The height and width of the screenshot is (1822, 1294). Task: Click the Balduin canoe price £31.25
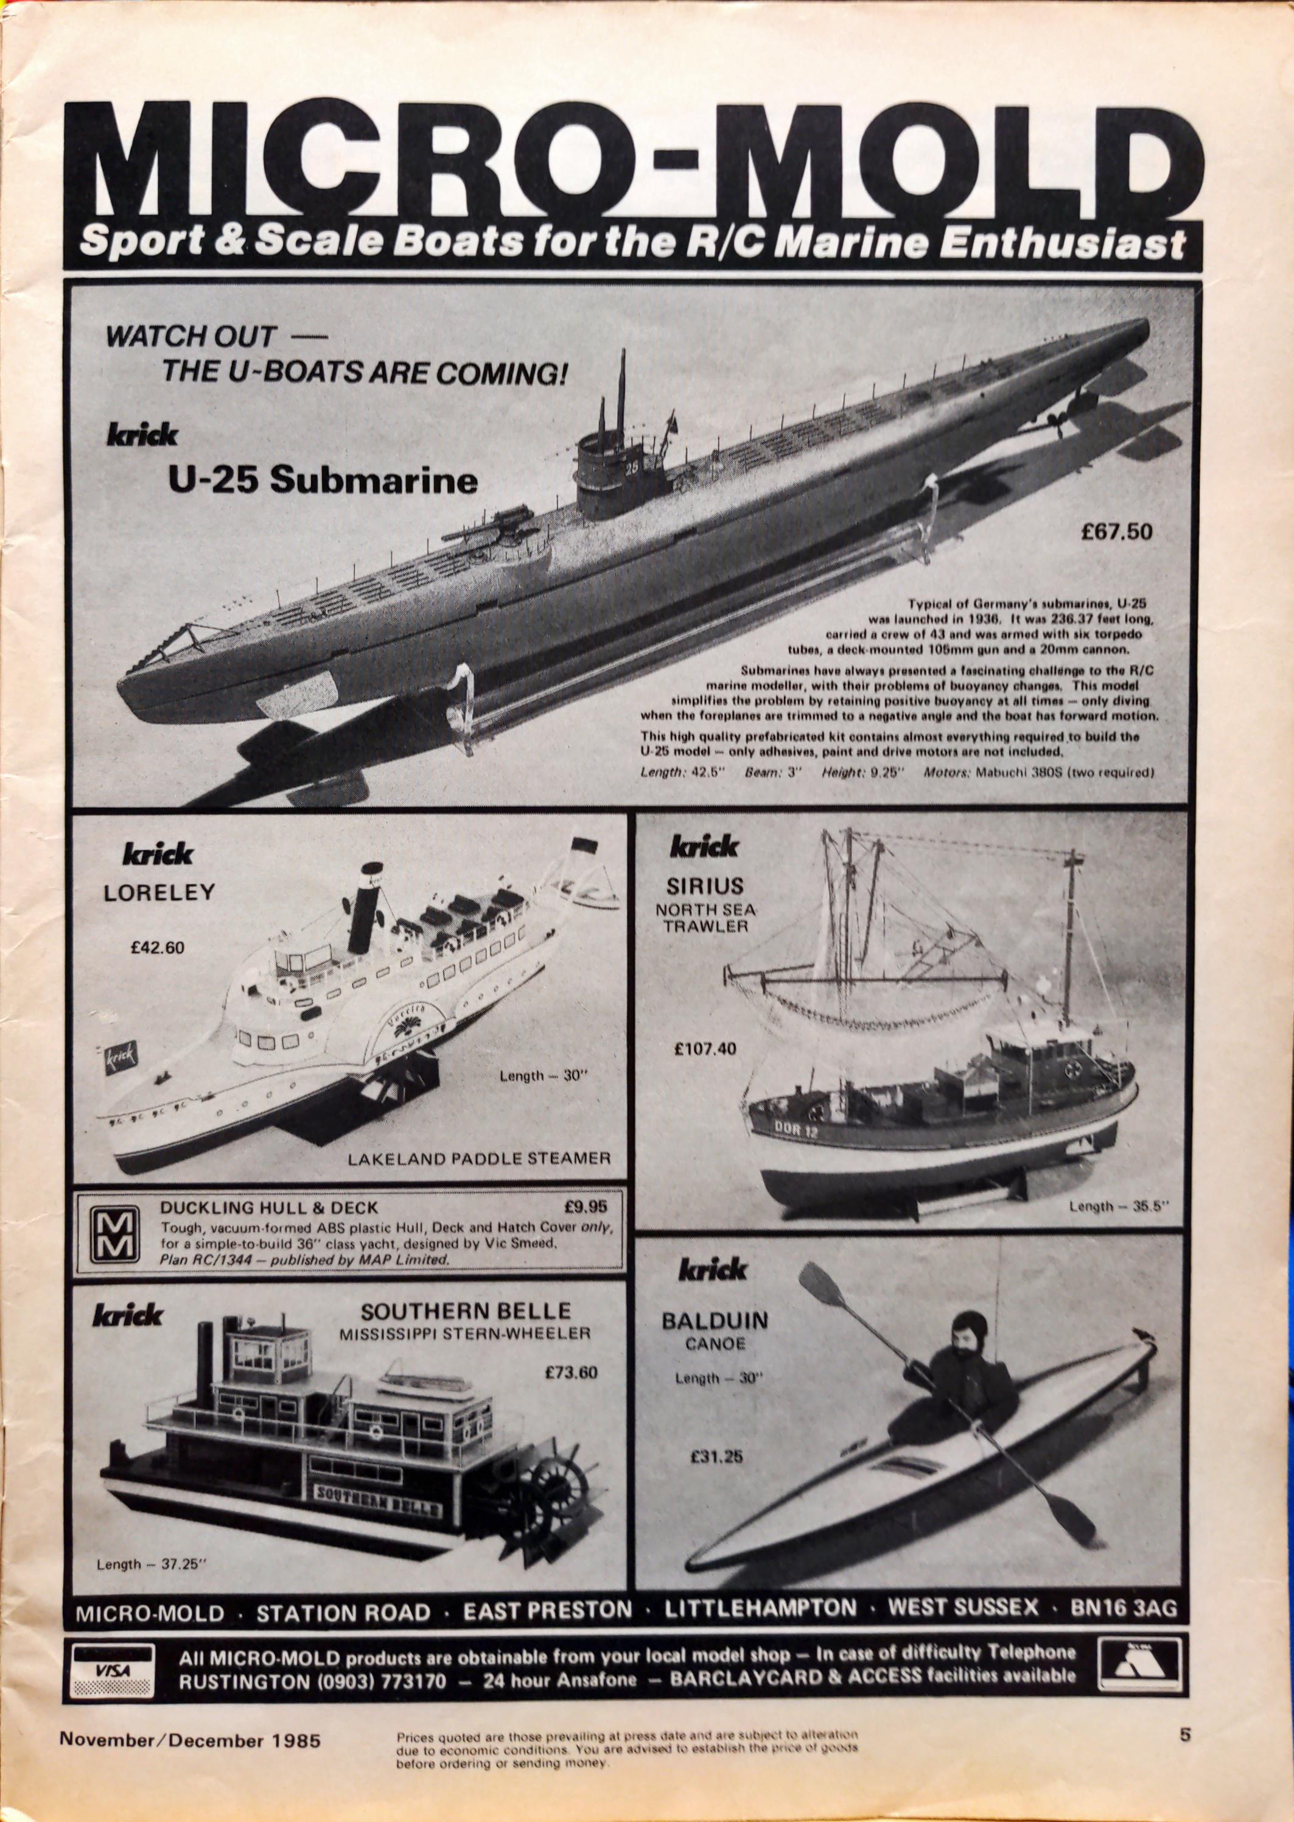pos(716,1479)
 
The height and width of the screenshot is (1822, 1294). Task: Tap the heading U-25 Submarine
pos(323,480)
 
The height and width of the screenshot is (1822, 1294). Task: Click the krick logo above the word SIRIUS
pos(704,846)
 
